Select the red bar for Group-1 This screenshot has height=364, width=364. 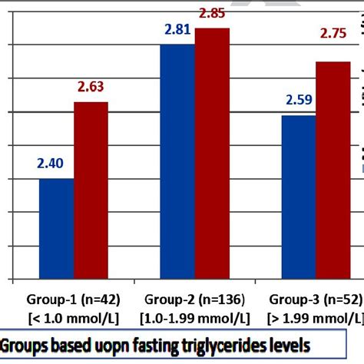(x=91, y=190)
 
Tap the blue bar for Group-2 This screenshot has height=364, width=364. (x=177, y=161)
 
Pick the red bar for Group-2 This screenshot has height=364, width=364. (x=212, y=154)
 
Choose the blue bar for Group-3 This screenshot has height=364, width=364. (x=298, y=197)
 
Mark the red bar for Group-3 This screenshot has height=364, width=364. (x=333, y=170)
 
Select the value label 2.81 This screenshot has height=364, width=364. (x=177, y=29)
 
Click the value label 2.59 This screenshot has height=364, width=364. (x=299, y=100)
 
